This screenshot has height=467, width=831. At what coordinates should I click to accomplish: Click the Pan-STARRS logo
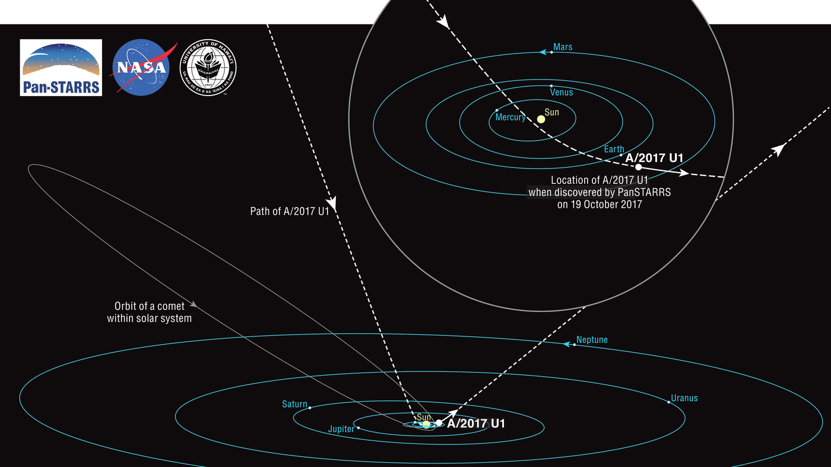pyautogui.click(x=61, y=67)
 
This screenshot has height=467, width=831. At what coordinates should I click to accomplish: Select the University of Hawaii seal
pyautogui.click(x=208, y=67)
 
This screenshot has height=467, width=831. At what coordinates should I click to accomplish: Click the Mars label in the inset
pyautogui.click(x=563, y=47)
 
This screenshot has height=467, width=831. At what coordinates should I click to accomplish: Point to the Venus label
pyautogui.click(x=562, y=93)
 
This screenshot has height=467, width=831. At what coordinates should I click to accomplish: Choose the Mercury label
pyautogui.click(x=510, y=117)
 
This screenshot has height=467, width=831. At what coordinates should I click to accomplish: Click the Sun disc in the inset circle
pyautogui.click(x=541, y=119)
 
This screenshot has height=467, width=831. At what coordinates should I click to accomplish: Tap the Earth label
pyautogui.click(x=614, y=150)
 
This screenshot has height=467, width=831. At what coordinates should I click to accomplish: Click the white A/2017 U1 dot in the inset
pyautogui.click(x=638, y=167)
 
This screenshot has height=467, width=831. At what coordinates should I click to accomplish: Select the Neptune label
pyautogui.click(x=592, y=340)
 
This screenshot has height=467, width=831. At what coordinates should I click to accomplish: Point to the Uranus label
pyautogui.click(x=684, y=398)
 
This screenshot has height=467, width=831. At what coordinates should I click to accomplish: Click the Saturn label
pyautogui.click(x=294, y=405)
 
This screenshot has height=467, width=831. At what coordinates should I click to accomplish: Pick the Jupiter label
pyautogui.click(x=341, y=429)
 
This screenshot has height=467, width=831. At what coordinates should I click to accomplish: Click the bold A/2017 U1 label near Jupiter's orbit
pyautogui.click(x=475, y=424)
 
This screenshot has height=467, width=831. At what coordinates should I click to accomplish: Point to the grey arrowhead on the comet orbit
pyautogui.click(x=194, y=304)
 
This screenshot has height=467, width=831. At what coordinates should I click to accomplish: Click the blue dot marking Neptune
pyautogui.click(x=574, y=344)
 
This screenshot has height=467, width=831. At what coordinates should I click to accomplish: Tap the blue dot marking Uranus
pyautogui.click(x=669, y=402)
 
